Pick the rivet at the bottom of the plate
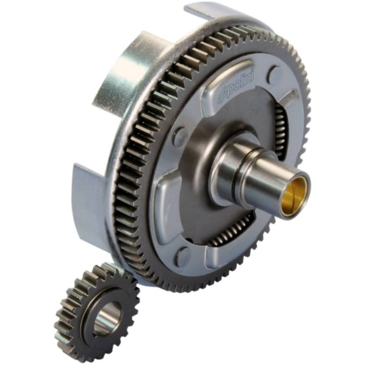pos(184,254)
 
